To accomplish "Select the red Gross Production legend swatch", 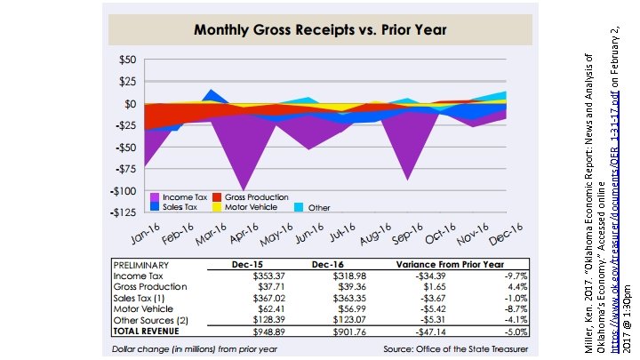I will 217,196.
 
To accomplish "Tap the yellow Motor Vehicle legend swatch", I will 217,207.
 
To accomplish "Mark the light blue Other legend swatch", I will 300,207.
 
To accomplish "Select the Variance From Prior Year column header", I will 451,265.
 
